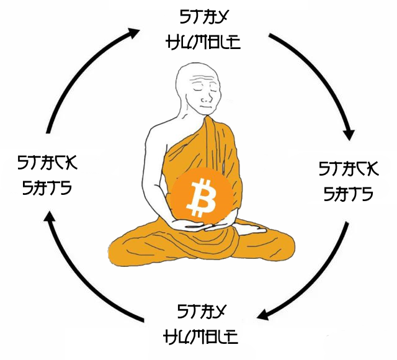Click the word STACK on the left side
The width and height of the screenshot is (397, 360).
click(48, 163)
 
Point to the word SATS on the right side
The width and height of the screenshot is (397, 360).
click(347, 193)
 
